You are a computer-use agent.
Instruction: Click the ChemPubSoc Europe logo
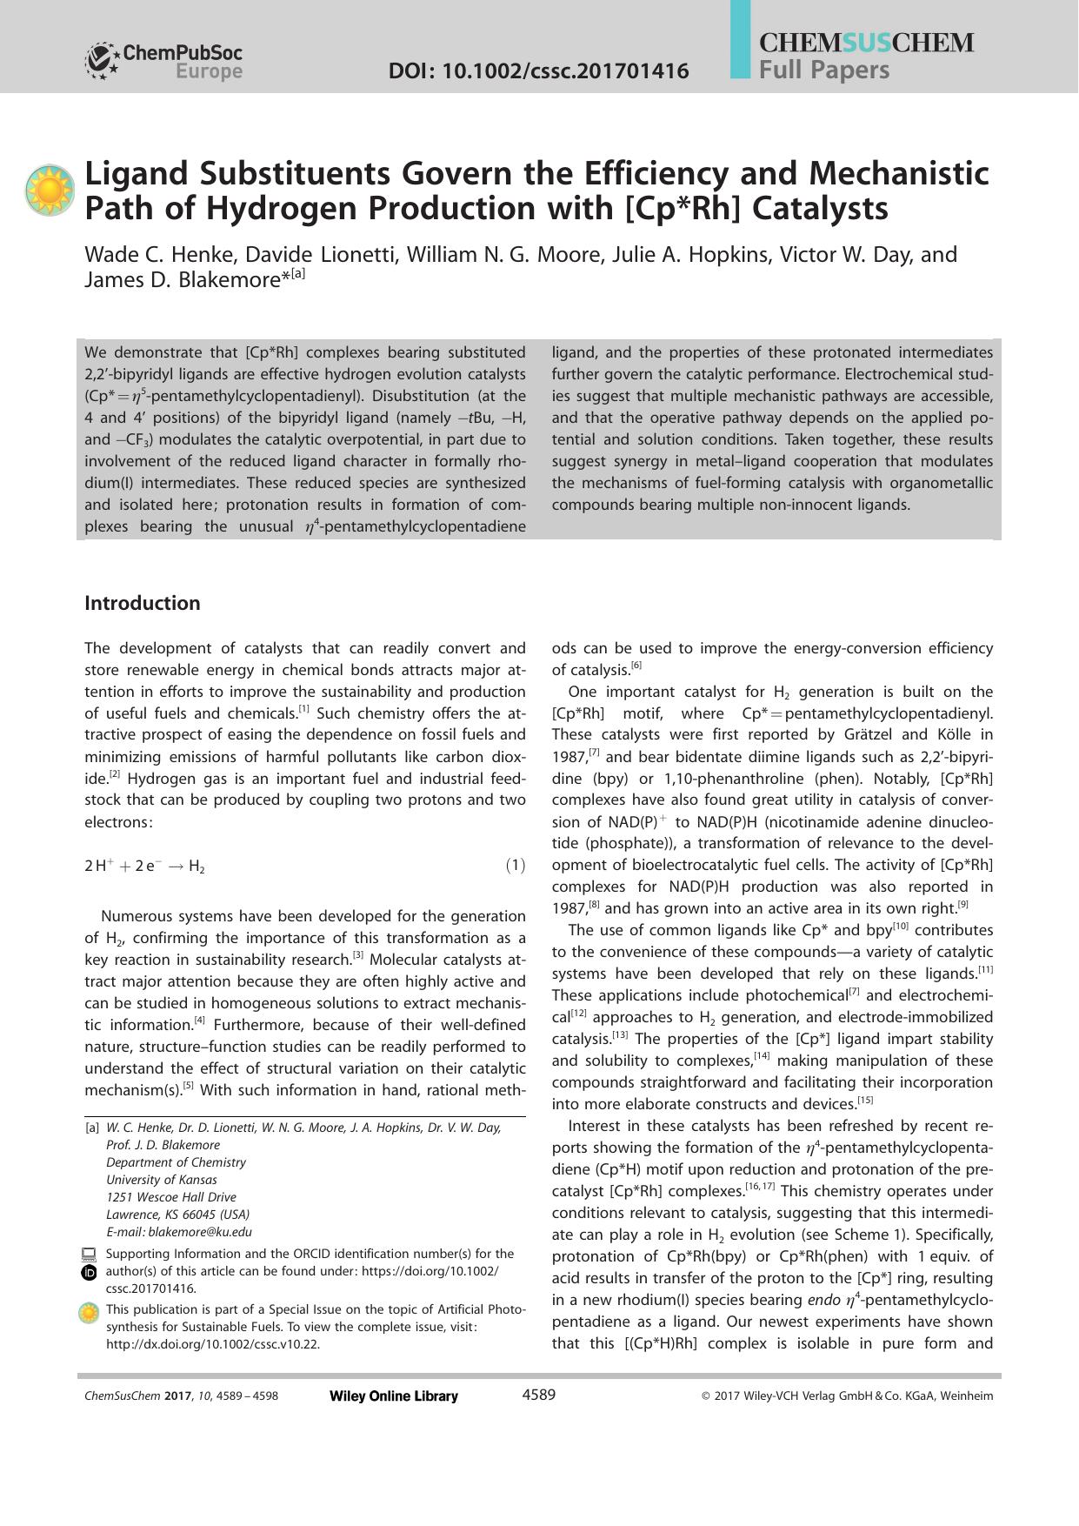coord(163,61)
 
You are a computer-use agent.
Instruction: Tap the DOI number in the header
coord(538,70)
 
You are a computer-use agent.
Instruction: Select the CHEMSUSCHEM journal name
coord(866,43)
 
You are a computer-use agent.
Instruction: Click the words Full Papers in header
coord(823,70)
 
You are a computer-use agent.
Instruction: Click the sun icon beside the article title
coord(50,190)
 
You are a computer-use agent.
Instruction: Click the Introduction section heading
coord(143,603)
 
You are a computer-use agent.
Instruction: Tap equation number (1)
coord(516,865)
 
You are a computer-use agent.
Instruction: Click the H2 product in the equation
coord(196,867)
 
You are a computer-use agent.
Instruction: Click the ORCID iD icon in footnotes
coord(89,1273)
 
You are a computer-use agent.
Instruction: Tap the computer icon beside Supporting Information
coord(89,1254)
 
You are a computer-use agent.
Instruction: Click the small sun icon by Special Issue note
coord(89,1313)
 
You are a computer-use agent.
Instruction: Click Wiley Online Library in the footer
coord(394,1395)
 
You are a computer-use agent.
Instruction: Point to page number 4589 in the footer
coord(538,1395)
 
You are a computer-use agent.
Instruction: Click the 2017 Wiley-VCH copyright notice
coord(847,1395)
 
